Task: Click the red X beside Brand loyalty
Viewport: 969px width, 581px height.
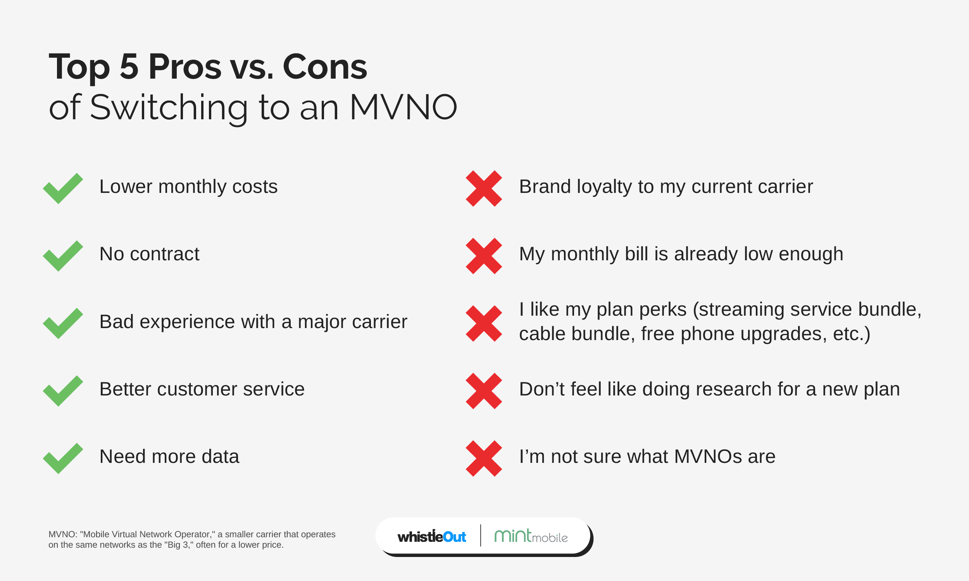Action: (484, 188)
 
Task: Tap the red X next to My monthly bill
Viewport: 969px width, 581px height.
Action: (484, 256)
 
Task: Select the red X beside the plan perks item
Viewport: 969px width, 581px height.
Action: (484, 323)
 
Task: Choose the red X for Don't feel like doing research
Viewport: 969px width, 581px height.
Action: (484, 391)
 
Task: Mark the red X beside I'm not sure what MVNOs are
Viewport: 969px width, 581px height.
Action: (484, 459)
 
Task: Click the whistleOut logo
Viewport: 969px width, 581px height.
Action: (432, 536)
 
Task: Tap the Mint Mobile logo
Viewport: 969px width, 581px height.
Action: (531, 536)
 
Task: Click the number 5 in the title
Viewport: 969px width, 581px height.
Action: (129, 67)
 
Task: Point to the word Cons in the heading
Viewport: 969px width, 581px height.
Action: (325, 67)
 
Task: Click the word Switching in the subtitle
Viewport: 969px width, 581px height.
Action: (169, 109)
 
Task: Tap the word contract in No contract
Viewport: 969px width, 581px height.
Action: (164, 254)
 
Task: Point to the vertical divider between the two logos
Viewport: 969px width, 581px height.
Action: (481, 535)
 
